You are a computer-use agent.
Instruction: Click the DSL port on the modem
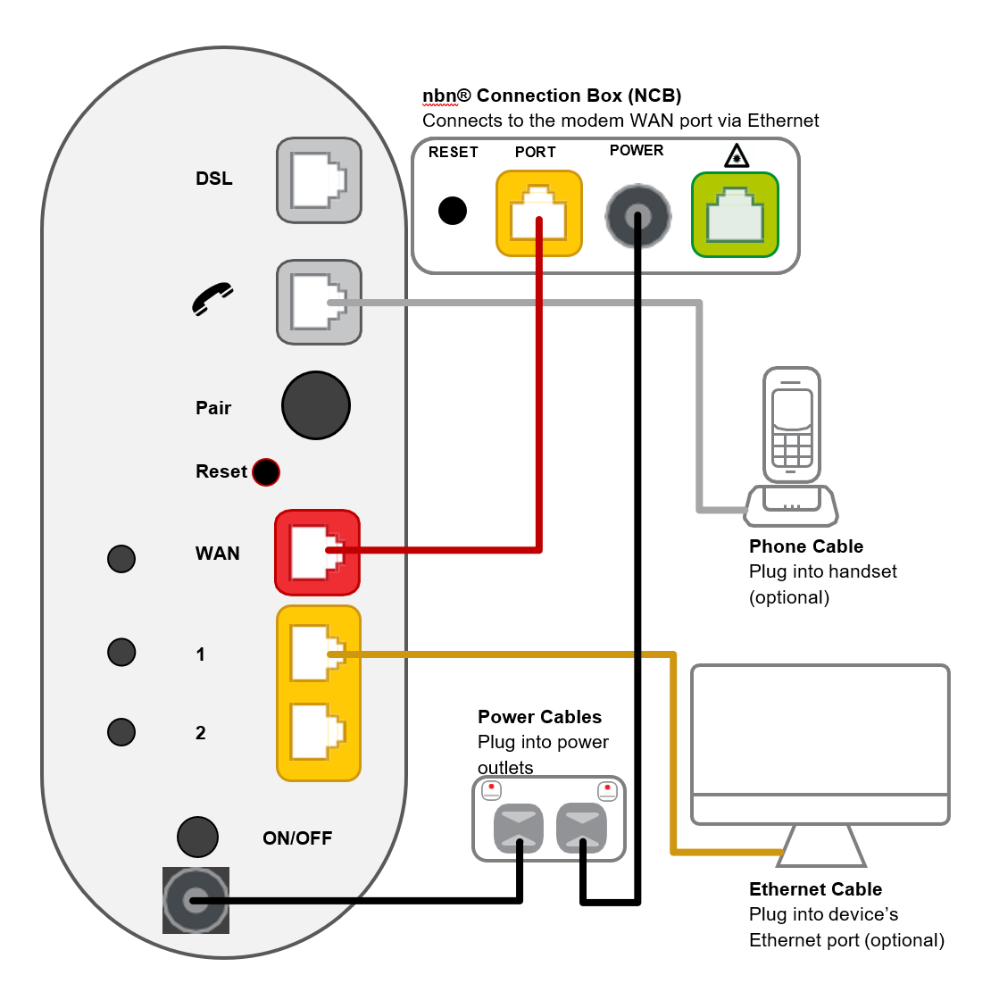coord(319,180)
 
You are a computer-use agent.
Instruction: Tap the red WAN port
coord(317,553)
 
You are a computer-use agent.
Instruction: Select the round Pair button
coord(316,405)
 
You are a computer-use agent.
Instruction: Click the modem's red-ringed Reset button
coord(266,471)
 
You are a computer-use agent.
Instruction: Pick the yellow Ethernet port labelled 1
coord(318,654)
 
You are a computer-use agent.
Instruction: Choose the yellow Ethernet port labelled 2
coord(318,732)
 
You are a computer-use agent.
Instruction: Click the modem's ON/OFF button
coord(197,837)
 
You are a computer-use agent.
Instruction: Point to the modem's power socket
coord(196,900)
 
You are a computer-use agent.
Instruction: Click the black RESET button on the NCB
coord(453,211)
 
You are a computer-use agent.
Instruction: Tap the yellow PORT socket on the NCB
coord(538,213)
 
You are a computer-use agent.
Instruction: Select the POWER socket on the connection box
coord(637,215)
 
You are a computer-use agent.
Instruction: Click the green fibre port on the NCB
coord(735,215)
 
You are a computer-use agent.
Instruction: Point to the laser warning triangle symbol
coord(736,157)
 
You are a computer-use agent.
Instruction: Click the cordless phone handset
coord(791,427)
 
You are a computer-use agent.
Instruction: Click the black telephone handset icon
coord(212,299)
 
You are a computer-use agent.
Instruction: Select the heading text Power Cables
coord(539,717)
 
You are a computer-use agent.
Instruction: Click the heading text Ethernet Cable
coord(815,889)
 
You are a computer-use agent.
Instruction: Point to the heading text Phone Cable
coord(805,546)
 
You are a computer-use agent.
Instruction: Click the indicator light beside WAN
coord(121,559)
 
